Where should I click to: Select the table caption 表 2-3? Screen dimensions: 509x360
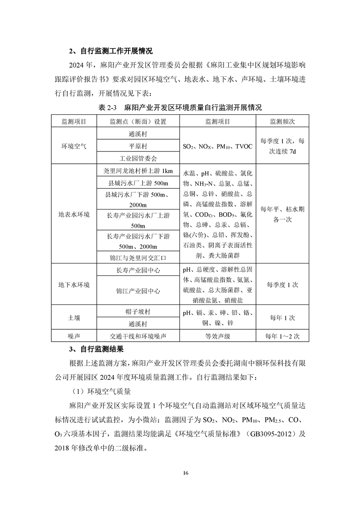point(108,108)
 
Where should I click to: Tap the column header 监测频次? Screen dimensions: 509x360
point(282,122)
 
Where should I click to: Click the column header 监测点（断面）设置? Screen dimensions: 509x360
point(138,122)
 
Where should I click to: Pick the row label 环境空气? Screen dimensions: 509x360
point(74,146)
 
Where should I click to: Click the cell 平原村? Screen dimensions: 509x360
point(138,146)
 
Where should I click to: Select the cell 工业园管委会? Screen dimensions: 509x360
point(138,158)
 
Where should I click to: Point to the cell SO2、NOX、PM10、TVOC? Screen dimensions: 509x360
point(217,147)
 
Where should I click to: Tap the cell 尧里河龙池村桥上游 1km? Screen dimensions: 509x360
point(138,171)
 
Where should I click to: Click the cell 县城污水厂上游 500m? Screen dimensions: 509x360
point(138,183)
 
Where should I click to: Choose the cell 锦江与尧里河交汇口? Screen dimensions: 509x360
point(138,258)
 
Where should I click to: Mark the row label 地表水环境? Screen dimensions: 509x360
point(74,214)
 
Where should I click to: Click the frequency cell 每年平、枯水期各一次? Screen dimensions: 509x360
point(282,214)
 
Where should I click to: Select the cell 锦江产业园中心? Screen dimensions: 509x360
point(138,291)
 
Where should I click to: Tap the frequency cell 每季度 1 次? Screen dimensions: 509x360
point(282,284)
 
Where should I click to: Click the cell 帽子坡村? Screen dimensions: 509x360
point(138,312)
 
